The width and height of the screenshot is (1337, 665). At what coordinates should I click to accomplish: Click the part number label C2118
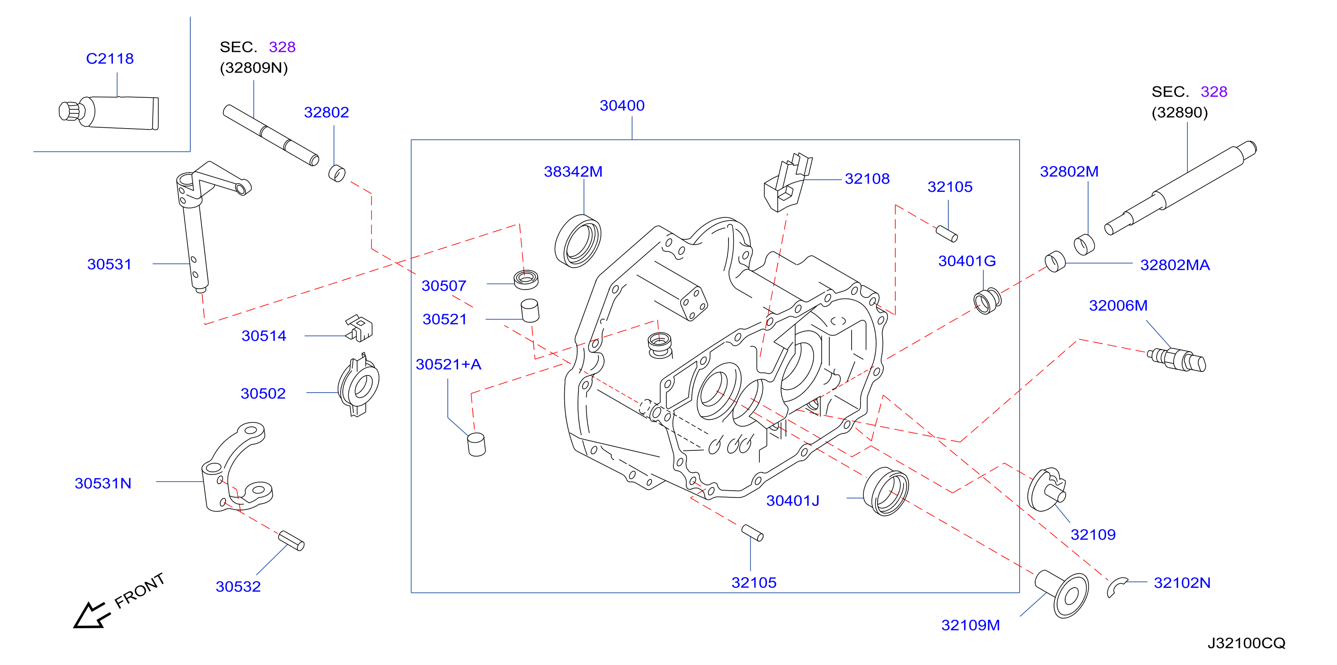click(x=110, y=58)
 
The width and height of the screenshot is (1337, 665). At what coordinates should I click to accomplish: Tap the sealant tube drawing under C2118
click(x=109, y=112)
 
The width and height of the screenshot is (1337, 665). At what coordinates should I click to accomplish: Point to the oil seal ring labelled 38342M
click(x=578, y=241)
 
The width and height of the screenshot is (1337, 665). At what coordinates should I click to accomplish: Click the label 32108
click(x=867, y=179)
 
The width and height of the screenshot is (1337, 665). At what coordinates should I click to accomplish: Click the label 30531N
click(x=103, y=483)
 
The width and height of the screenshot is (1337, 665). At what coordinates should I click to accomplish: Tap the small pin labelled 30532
click(x=291, y=540)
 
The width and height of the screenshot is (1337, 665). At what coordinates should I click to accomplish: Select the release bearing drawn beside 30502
click(x=358, y=385)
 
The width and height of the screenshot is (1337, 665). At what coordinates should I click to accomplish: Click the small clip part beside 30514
click(x=359, y=328)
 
